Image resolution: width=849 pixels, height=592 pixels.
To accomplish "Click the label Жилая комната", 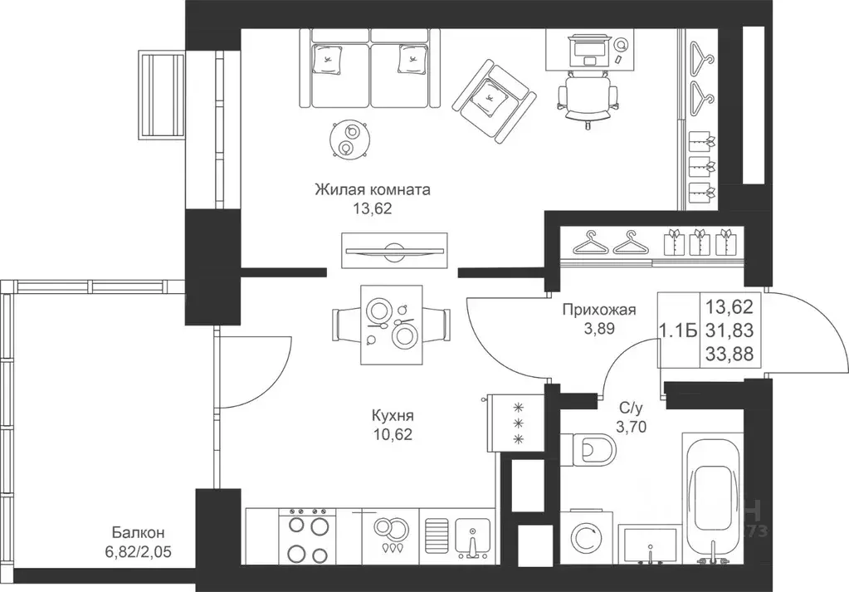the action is coord(373,190).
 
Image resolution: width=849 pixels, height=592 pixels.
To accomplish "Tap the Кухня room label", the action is coord(393,415).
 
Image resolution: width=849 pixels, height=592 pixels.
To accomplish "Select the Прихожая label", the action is coord(599,309).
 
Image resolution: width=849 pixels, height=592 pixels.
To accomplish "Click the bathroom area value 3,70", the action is coord(632,428).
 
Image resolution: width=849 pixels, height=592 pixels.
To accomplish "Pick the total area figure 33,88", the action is coord(729,354).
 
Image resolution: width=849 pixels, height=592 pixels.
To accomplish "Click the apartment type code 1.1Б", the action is coord(677,330).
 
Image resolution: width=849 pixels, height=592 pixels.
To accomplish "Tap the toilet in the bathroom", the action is coord(589,449).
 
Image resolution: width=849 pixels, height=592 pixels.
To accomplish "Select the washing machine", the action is coord(588,536).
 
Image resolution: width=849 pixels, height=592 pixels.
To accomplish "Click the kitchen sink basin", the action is coord(473,536).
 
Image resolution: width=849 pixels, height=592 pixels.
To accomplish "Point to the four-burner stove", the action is coord(307,536).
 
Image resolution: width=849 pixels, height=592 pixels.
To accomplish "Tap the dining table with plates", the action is coord(391,325).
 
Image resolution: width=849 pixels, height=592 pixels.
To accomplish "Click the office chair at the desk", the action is coord(588,97).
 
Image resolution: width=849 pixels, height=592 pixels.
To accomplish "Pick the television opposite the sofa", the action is coord(395,250).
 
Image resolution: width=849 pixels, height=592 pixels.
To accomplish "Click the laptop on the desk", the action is coord(588,50).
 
